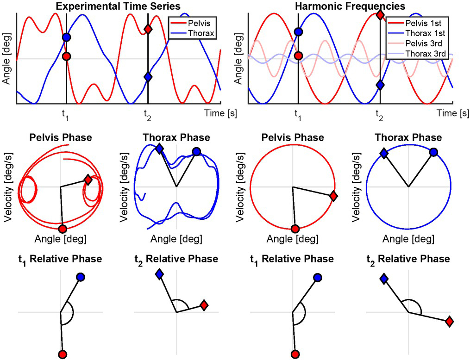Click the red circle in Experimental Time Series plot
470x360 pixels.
click(67, 56)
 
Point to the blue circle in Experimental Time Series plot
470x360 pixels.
click(67, 37)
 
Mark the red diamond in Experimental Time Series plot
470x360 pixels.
click(148, 30)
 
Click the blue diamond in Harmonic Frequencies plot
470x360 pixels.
click(380, 85)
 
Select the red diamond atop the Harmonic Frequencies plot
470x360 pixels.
click(380, 15)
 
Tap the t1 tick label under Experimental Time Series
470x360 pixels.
click(66, 113)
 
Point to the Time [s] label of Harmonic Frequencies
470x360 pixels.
click(452, 113)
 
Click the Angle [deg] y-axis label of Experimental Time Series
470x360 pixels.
click(6, 58)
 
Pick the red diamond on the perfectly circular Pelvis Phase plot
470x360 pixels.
click(333, 196)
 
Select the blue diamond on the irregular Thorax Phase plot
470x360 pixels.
click(159, 148)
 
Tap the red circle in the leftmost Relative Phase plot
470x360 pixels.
click(62, 354)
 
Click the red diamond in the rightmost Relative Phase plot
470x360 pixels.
click(449, 321)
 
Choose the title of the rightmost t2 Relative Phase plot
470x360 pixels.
click(408, 259)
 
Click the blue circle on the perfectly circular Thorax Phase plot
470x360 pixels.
click(433, 151)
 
